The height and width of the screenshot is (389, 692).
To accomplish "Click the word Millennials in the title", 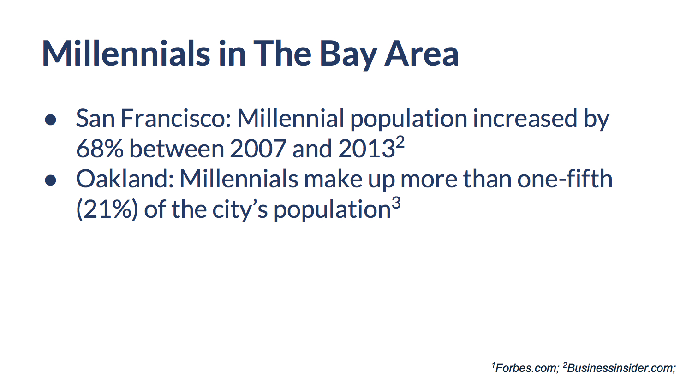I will (125, 54).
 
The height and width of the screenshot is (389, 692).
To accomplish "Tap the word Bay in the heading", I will (348, 54).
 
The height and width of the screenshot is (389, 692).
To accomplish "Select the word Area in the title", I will (421, 54).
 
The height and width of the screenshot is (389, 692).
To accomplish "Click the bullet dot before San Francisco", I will (50, 120).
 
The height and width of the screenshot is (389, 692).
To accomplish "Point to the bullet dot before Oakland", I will (50, 180).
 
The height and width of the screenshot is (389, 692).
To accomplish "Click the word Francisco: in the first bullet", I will (176, 119).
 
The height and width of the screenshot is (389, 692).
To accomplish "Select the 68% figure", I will (99, 149).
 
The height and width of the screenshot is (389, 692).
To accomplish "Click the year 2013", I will (366, 149).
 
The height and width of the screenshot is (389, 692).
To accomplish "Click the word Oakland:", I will (125, 179).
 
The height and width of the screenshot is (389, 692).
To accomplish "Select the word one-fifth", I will (565, 179).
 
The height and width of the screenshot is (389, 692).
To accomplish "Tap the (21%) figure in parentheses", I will (107, 210).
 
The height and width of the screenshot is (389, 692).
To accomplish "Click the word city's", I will (240, 210).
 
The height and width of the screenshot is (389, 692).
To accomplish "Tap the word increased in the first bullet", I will (525, 119).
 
